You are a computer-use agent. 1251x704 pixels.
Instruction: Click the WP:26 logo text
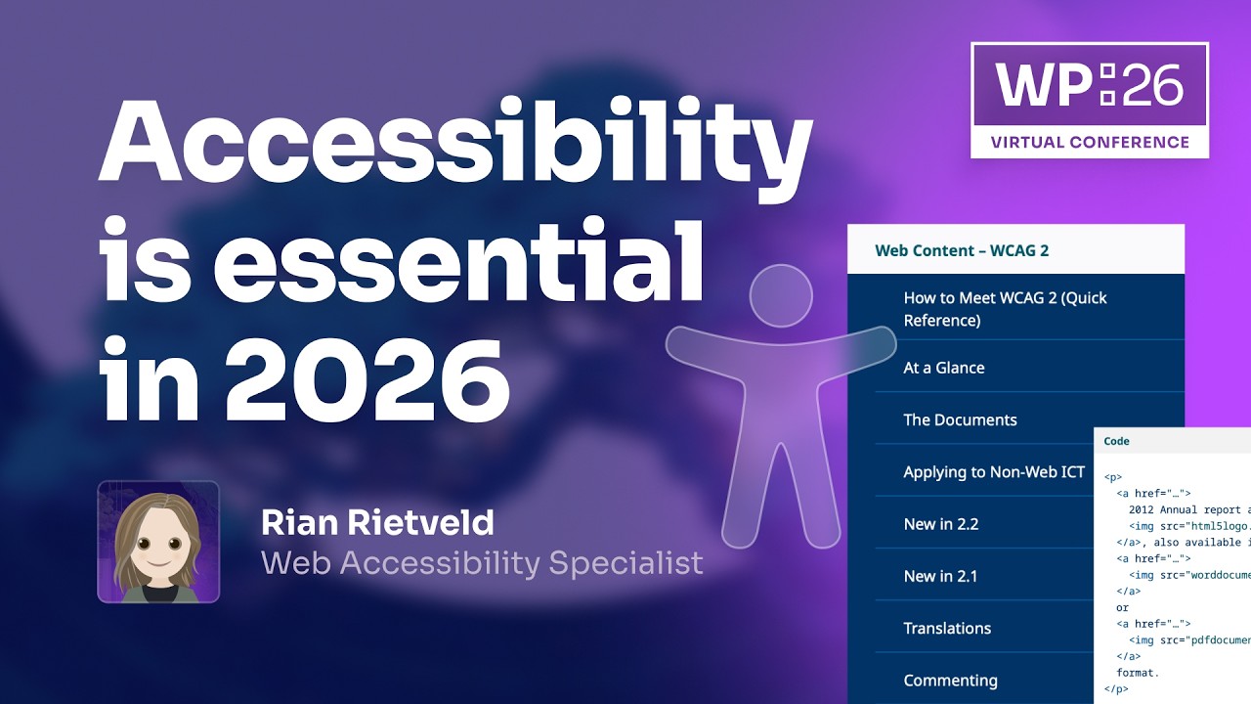pos(1089,87)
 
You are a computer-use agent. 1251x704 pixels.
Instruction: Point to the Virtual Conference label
pos(1090,142)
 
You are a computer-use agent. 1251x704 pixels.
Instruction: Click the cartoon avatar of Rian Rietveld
pos(158,542)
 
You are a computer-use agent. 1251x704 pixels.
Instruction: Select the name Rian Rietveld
pos(377,523)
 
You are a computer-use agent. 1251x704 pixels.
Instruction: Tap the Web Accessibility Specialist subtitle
pos(482,562)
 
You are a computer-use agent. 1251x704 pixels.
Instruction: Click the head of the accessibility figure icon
pos(781,295)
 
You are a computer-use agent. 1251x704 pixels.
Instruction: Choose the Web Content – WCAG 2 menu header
pos(962,250)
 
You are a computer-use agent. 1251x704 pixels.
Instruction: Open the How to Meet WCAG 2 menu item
pos(1005,308)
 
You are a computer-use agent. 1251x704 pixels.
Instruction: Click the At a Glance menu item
pos(943,368)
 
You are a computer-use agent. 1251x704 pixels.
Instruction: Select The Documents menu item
pos(960,419)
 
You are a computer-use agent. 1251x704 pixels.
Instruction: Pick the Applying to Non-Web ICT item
pos(994,471)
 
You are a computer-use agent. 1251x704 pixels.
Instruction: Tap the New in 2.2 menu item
pos(940,524)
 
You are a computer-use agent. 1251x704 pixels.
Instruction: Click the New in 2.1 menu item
pos(940,576)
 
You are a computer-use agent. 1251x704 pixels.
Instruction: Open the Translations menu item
pos(947,628)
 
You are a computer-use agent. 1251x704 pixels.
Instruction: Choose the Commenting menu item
pos(950,680)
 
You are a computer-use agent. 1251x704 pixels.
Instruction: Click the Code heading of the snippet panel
pos(1116,441)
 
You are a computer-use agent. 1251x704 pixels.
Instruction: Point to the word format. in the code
pos(1138,673)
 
